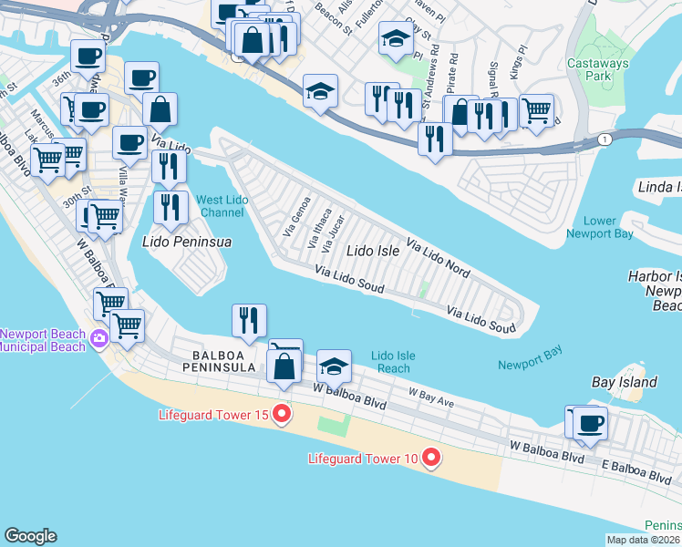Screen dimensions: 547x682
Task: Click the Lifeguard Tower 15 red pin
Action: [x=282, y=416]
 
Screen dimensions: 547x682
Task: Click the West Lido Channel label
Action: [x=221, y=206]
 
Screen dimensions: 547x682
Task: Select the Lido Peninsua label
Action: [x=187, y=242]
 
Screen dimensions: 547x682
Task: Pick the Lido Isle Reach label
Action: [x=393, y=362]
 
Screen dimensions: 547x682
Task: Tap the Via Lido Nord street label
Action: [x=439, y=260]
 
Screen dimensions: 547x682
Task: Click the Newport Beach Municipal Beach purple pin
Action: [x=99, y=340]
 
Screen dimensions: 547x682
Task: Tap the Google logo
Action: [x=30, y=536]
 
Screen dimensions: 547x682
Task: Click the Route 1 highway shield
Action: [x=604, y=138]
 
